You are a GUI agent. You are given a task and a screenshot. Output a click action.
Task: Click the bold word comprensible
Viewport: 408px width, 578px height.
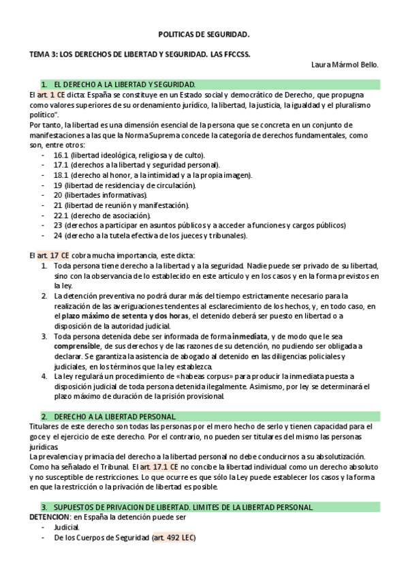tap(78, 346)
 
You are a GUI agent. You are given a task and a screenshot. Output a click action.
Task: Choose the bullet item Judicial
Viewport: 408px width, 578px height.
tap(67, 527)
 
